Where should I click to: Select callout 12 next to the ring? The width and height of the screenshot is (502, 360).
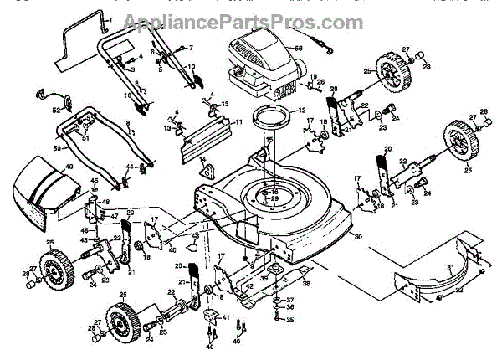pyautogui.click(x=302, y=111)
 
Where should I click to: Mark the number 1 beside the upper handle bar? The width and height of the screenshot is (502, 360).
pyautogui.click(x=110, y=18)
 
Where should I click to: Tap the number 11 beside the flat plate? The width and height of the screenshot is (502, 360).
pyautogui.click(x=238, y=122)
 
